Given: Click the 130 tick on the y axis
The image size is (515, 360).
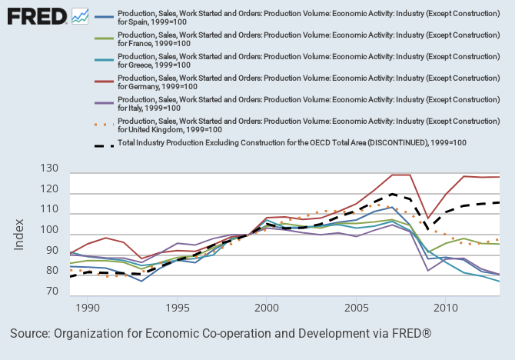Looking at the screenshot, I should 50,168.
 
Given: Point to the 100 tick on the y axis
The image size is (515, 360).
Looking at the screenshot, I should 50,230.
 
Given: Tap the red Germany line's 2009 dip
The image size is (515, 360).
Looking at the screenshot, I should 428,219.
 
